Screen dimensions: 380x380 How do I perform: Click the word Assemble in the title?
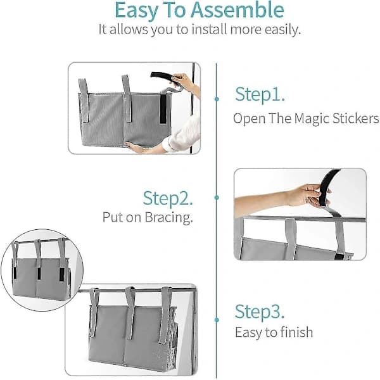click(x=237, y=10)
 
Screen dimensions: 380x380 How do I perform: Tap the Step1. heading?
click(x=260, y=95)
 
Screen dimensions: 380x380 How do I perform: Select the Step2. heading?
click(x=168, y=198)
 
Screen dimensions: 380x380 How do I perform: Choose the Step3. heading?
click(x=259, y=312)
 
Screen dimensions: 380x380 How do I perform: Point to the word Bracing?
click(x=168, y=217)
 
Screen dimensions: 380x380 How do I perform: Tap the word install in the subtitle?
click(x=210, y=30)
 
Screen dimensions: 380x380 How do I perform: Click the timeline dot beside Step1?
click(x=217, y=99)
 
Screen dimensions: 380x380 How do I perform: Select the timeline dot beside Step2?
click(x=217, y=198)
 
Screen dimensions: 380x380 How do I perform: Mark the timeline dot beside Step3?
click(x=217, y=320)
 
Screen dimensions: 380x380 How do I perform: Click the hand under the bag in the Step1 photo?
click(x=136, y=147)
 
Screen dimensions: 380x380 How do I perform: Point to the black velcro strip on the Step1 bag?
click(x=163, y=108)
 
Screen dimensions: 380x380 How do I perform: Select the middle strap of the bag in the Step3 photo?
click(x=130, y=313)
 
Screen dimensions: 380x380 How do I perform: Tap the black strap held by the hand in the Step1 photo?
click(x=162, y=75)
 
